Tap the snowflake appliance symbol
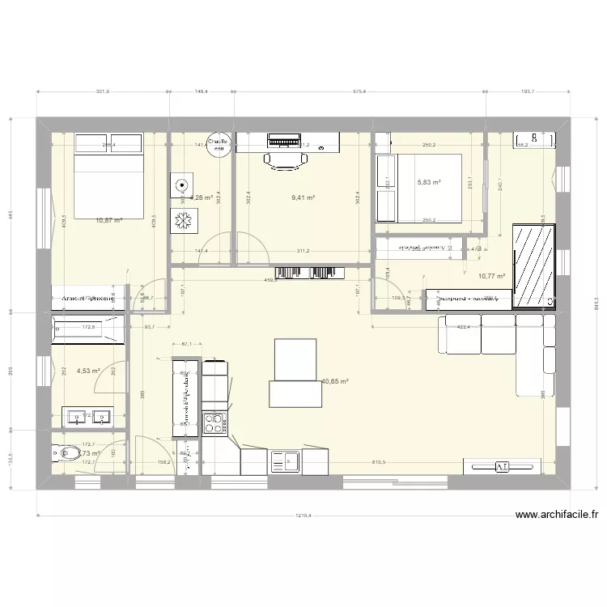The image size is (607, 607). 181,219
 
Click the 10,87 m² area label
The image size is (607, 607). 108,220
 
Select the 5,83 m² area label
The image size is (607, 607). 428,183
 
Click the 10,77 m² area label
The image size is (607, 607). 491,276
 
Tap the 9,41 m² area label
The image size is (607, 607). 302,197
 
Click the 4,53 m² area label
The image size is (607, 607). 87,371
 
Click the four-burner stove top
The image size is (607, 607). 214,423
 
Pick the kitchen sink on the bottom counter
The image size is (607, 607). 289,461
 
